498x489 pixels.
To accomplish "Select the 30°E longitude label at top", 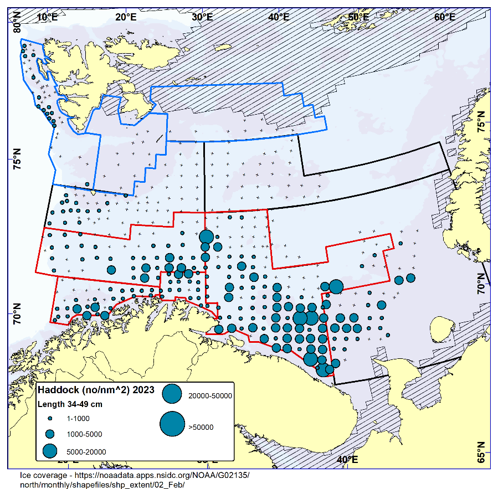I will pyautogui.click(x=202, y=17).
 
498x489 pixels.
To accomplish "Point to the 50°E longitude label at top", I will pyautogui.click(x=358, y=17).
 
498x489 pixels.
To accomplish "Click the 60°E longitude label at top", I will pyautogui.click(x=444, y=17).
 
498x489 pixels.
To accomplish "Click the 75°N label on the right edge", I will pyautogui.click(x=482, y=122).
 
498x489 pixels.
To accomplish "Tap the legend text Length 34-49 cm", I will pyautogui.click(x=70, y=404).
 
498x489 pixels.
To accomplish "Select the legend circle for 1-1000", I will pyautogui.click(x=49, y=419).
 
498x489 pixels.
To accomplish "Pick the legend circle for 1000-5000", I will pyautogui.click(x=49, y=434).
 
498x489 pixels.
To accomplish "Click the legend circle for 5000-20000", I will pyautogui.click(x=49, y=450).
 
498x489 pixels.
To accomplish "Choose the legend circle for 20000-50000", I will pyautogui.click(x=172, y=394).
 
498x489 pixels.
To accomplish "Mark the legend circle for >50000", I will pyautogui.click(x=172, y=424).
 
